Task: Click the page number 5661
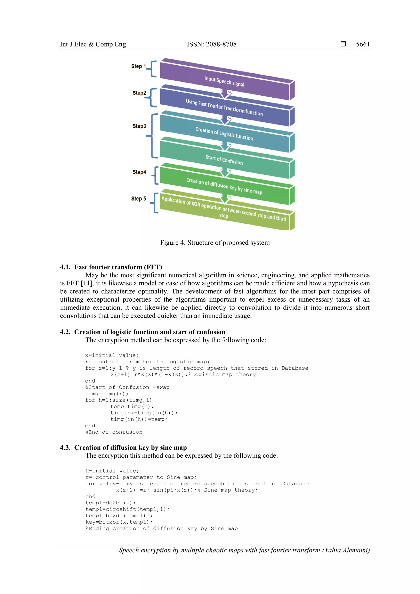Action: [363, 44]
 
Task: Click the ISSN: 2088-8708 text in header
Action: [211, 44]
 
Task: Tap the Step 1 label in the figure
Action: [138, 66]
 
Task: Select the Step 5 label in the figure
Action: [138, 199]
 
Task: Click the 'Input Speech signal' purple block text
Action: [224, 81]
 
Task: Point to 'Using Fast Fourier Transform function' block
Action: [224, 108]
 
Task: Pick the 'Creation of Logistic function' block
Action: [224, 134]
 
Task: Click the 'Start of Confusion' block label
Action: [224, 160]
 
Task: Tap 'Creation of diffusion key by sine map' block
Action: [224, 186]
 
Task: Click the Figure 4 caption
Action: [215, 243]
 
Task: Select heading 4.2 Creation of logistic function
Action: [143, 332]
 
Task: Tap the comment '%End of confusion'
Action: [114, 432]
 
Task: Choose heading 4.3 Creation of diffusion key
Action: [123, 448]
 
